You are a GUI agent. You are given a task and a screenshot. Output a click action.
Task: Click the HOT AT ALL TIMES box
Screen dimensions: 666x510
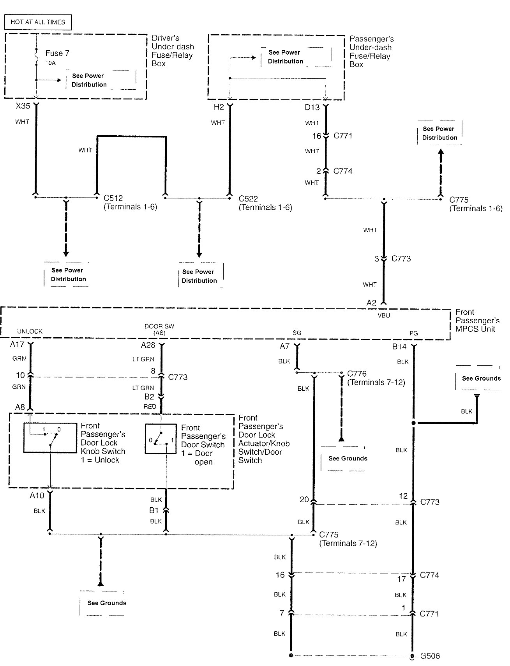(x=38, y=22)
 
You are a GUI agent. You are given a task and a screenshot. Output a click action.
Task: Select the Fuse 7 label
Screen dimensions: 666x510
(x=57, y=53)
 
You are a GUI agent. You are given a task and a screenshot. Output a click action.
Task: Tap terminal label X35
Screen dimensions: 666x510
(x=23, y=106)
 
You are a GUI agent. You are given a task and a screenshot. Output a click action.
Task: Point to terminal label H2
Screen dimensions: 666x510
(x=219, y=107)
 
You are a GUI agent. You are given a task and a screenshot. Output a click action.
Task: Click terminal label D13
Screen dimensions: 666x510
(x=312, y=107)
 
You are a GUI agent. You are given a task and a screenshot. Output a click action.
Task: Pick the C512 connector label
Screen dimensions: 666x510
(x=113, y=198)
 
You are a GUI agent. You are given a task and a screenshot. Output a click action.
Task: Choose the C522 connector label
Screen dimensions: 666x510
(x=248, y=198)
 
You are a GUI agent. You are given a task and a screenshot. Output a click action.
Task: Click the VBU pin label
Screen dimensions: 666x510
(x=384, y=315)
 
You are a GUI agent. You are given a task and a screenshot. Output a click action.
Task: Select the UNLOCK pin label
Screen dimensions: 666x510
(x=30, y=331)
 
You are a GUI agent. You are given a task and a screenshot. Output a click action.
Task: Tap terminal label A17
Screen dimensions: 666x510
(x=17, y=345)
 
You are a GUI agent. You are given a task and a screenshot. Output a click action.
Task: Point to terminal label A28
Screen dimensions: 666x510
(x=148, y=345)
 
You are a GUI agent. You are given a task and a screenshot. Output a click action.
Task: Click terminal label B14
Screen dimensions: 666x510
(x=399, y=347)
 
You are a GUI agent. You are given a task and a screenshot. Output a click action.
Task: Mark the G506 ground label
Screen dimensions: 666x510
(x=430, y=656)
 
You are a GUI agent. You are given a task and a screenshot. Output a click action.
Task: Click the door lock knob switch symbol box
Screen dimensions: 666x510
(x=50, y=438)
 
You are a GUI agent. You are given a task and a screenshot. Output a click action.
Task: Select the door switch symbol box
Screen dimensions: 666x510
(x=161, y=439)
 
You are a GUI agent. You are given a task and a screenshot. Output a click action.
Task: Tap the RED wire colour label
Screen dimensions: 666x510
(x=150, y=406)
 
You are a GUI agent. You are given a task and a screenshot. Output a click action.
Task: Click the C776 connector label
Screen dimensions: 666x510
(x=356, y=374)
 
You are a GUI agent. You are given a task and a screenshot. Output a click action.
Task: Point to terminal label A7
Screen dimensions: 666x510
(x=284, y=346)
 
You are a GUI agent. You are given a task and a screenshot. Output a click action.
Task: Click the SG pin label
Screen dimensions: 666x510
(x=297, y=333)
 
